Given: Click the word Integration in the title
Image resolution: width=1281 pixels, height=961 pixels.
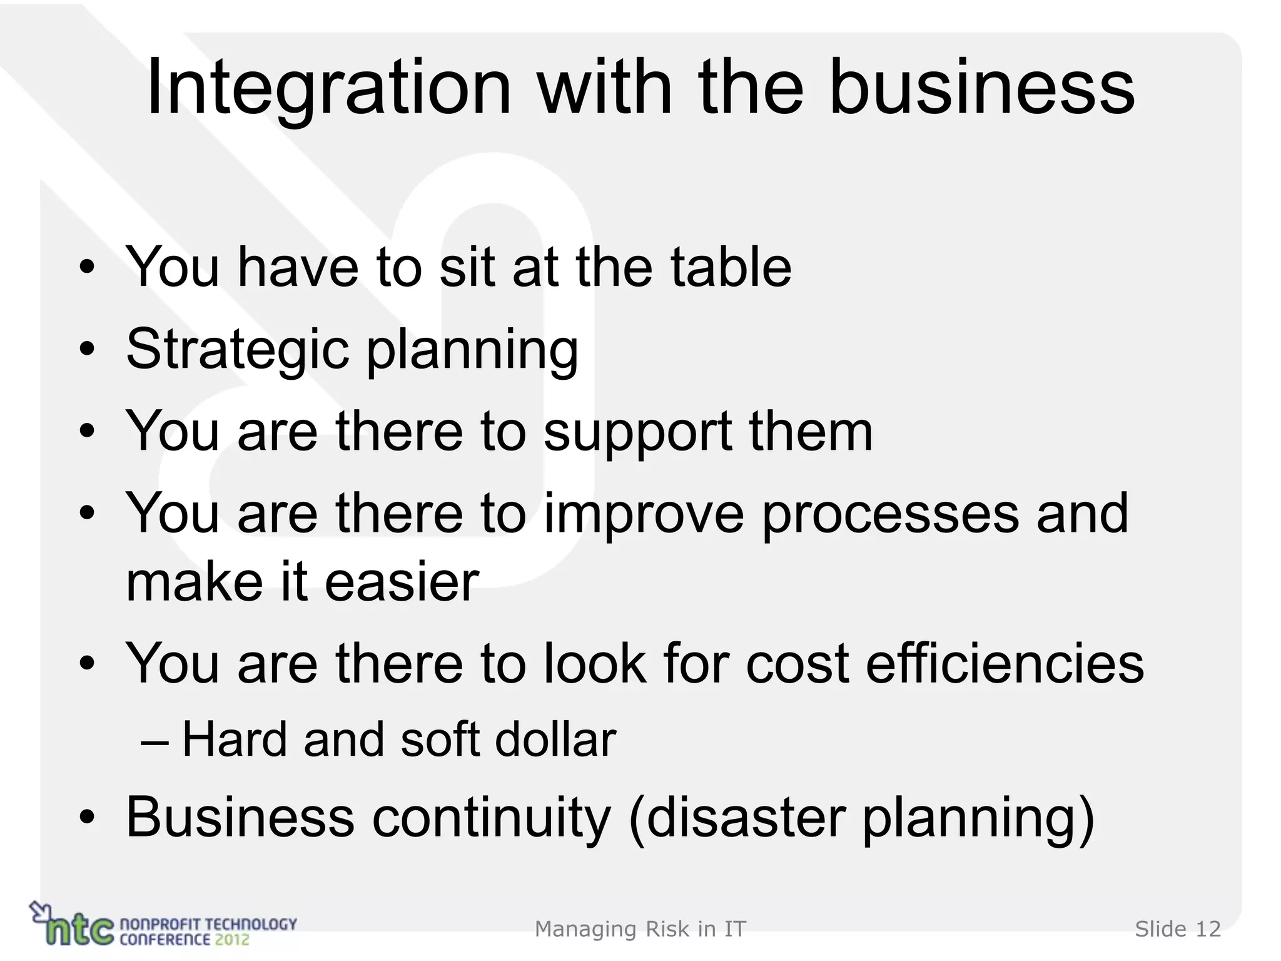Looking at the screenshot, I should pos(328,88).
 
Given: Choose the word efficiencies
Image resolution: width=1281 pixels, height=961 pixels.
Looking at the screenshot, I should pos(1005,664).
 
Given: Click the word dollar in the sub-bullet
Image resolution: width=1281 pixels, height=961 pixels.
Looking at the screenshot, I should pos(555,740).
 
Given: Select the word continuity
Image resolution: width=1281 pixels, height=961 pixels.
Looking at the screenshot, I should pos(492,817).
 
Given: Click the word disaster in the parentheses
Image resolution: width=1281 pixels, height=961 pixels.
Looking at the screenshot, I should pos(746,817).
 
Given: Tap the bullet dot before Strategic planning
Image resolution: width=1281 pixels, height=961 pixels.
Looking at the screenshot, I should pos(87,350).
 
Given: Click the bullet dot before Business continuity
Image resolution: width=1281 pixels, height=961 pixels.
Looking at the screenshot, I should pos(87,818).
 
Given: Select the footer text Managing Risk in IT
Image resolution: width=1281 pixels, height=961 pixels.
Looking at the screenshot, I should pos(640,929).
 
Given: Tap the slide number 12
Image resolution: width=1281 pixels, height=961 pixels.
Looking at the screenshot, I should pos(1208,929).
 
